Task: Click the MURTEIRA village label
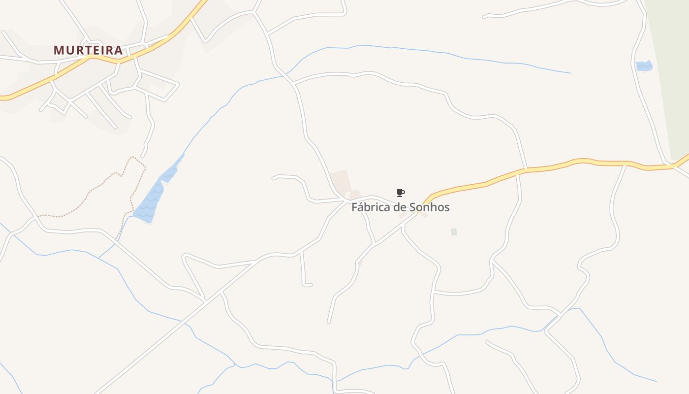pos(88,50)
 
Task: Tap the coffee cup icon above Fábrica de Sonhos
pos(400,193)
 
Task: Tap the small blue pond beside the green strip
pos(644,66)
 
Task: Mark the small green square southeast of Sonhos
pos(454,231)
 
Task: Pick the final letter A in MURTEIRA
pos(118,50)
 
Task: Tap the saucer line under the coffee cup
pos(400,196)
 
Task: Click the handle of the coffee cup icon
pos(404,192)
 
